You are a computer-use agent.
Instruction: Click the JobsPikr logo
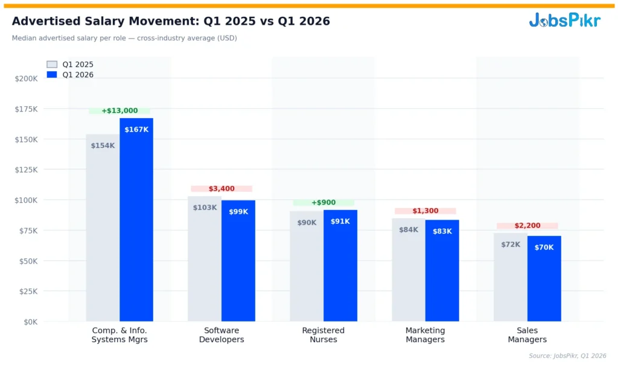tap(564, 21)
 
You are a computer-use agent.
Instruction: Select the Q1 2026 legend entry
tap(70, 75)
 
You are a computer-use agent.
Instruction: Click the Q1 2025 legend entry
tap(70, 65)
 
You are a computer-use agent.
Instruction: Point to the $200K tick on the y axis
tap(27, 78)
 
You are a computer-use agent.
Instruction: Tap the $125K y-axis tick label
tap(27, 170)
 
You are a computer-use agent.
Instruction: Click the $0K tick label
tap(29, 322)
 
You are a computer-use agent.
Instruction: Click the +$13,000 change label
tap(119, 111)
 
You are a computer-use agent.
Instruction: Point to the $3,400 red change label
tap(221, 189)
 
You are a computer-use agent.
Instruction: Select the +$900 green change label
tap(323, 203)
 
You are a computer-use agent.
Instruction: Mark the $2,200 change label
tap(527, 226)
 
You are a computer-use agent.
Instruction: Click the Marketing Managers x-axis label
tap(425, 335)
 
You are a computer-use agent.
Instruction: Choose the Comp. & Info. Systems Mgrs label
tap(119, 335)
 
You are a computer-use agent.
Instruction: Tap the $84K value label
tap(409, 230)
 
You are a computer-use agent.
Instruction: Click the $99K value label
tap(238, 212)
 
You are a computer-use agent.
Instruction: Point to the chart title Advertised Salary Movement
tap(171, 21)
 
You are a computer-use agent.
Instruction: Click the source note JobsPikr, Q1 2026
tap(567, 356)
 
